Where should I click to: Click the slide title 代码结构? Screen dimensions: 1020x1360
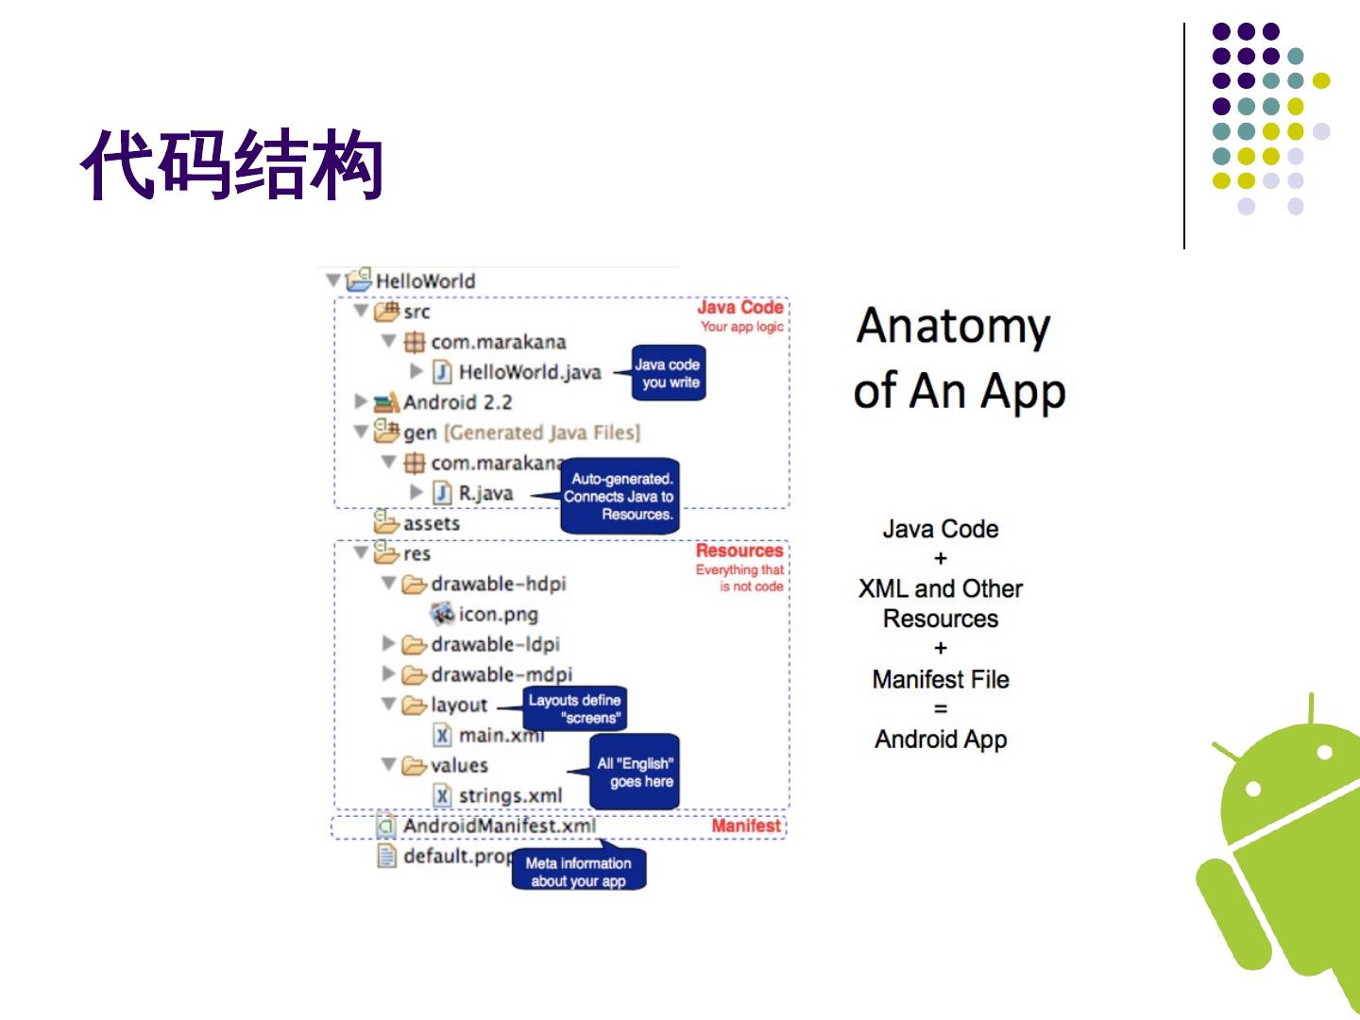coord(231,166)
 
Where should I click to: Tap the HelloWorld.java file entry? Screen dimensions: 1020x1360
coord(529,372)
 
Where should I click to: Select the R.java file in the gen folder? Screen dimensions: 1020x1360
coord(485,493)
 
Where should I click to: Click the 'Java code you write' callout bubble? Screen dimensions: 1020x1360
coord(669,373)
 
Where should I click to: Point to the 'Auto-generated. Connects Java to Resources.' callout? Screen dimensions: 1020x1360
coord(620,497)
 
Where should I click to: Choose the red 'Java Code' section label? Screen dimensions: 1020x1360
coord(739,308)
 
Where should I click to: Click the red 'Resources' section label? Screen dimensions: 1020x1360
coord(739,551)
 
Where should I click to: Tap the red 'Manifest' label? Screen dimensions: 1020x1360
coord(746,826)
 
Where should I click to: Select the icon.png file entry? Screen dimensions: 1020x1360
coord(498,614)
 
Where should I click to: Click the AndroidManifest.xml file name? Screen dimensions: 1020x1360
coord(499,826)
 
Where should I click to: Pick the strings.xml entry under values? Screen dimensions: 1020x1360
coord(510,796)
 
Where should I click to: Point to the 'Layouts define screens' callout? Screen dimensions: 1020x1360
coord(574,708)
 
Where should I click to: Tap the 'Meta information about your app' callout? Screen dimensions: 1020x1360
coord(578,871)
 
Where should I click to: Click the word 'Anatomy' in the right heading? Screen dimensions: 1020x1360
coord(953,327)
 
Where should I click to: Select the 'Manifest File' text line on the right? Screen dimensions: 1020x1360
coord(941,679)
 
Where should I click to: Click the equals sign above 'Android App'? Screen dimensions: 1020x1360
coord(941,709)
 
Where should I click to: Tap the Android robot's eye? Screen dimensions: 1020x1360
coord(1254,788)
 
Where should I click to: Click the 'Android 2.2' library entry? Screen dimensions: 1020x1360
coord(457,402)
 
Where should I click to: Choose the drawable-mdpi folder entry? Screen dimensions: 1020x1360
coord(501,674)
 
